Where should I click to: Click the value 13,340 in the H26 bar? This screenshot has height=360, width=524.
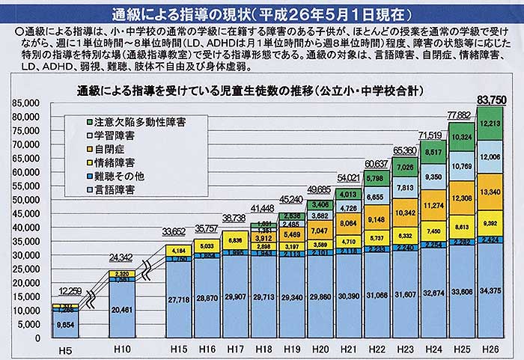click(x=490, y=192)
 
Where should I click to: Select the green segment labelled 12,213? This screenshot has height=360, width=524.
click(x=490, y=123)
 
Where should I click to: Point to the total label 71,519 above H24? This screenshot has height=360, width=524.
click(x=432, y=134)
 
